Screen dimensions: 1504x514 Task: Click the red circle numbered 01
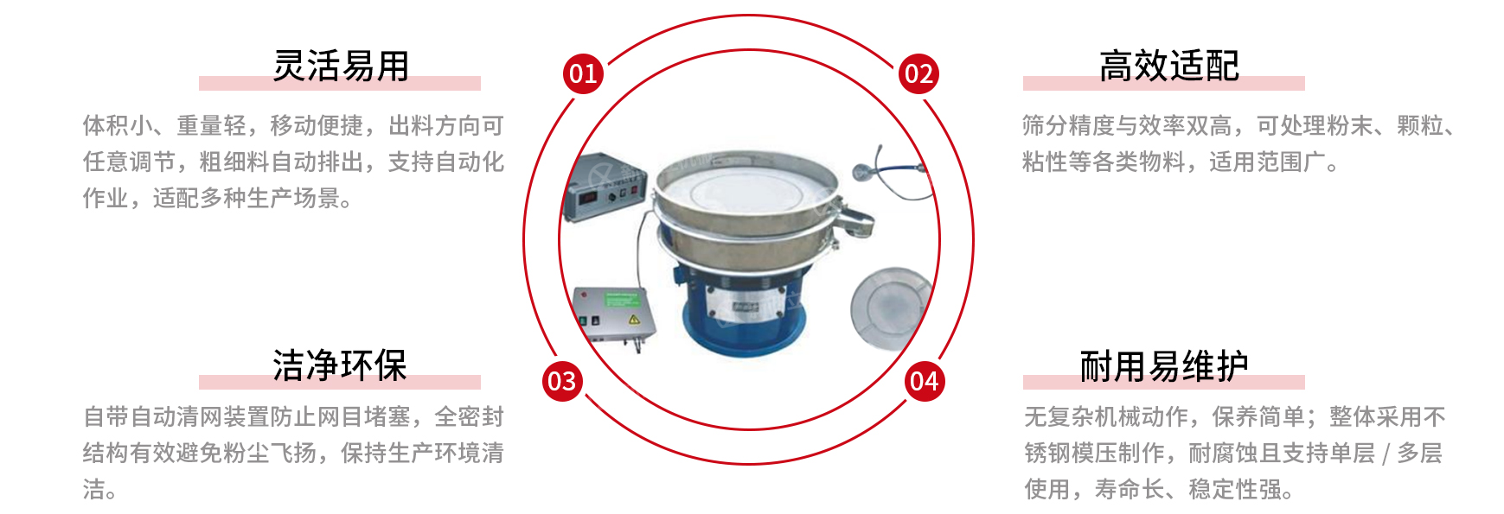pos(583,73)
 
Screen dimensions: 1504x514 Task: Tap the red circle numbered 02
pos(918,73)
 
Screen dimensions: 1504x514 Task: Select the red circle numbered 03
pos(562,381)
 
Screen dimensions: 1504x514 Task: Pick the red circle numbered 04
pos(925,381)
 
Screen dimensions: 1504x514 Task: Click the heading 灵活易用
pos(341,66)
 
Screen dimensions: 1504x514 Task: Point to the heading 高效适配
pos(1169,66)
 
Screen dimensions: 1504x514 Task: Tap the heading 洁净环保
pos(340,365)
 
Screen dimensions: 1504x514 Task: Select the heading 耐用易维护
pos(1164,366)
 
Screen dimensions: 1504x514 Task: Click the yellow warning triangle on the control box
pos(634,320)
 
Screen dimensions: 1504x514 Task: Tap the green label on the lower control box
pos(623,299)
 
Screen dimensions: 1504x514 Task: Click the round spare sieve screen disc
pos(891,305)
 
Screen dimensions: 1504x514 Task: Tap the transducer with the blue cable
pos(861,171)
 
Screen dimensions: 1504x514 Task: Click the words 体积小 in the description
pos(118,125)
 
